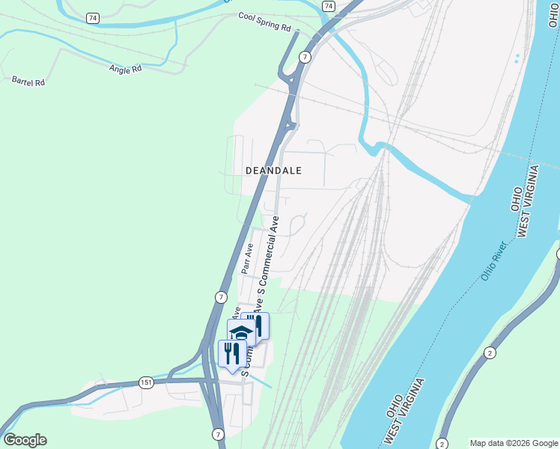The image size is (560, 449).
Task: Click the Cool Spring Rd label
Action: point(264,21)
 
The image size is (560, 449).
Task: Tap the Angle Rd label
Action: point(125,70)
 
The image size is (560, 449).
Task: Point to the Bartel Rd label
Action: point(28,81)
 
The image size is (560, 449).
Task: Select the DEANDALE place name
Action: point(273,171)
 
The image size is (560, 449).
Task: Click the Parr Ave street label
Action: point(247,257)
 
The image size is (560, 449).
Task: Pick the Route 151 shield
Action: point(146,383)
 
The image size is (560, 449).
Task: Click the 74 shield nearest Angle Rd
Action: point(91,18)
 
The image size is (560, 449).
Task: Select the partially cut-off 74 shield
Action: point(329,5)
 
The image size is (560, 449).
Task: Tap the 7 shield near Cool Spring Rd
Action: point(305,57)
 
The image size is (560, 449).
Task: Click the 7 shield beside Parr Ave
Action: point(221,297)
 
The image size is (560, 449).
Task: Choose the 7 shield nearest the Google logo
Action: point(218,434)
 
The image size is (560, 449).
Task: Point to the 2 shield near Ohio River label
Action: point(490,352)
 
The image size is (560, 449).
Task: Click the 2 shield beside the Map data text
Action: point(442,443)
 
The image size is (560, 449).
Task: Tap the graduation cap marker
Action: point(241,332)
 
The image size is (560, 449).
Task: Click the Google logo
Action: point(25,440)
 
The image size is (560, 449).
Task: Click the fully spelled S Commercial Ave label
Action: point(268,254)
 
